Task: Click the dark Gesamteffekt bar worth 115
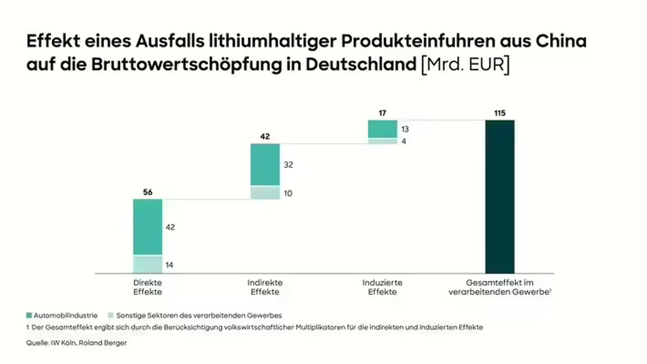click(499, 196)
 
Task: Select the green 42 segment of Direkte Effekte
click(147, 227)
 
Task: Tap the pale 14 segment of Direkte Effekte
click(147, 264)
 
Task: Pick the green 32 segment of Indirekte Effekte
click(265, 165)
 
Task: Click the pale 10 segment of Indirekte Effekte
click(265, 193)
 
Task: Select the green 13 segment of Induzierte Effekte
click(382, 128)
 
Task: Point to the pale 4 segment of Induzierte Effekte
click(382, 141)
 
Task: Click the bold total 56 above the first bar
click(147, 192)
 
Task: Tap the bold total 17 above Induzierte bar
click(382, 112)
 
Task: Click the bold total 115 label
click(499, 112)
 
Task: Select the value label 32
click(288, 166)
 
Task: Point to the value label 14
click(169, 265)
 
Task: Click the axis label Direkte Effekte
click(147, 287)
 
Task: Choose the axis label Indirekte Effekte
click(265, 287)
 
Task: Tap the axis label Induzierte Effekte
click(382, 287)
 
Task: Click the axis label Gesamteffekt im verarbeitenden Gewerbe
click(499, 287)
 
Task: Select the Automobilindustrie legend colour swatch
click(29, 315)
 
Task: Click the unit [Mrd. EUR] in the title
click(465, 64)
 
